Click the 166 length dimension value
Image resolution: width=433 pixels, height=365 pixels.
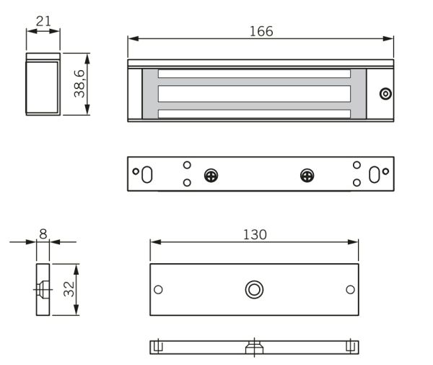point(261,31)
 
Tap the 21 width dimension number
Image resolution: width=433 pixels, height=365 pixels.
point(43,21)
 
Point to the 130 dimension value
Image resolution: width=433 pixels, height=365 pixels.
point(254,234)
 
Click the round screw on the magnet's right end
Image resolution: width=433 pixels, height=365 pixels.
point(385,93)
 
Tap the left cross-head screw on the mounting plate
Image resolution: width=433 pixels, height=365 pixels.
point(211,175)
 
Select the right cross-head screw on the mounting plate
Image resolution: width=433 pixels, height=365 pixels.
point(307,175)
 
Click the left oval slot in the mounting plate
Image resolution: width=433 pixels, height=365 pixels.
point(146,175)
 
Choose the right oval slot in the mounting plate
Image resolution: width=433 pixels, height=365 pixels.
point(375,175)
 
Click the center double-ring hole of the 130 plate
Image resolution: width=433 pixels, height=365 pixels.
point(253,289)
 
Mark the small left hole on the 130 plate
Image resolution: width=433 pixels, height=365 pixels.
point(159,289)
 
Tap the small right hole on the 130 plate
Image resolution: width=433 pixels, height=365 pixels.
point(350,289)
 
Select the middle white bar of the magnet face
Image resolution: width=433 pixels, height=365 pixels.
point(254,93)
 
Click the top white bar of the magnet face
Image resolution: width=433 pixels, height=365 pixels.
point(254,73)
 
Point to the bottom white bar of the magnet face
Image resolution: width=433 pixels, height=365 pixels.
point(254,113)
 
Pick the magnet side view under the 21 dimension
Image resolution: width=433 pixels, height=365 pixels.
point(43,84)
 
